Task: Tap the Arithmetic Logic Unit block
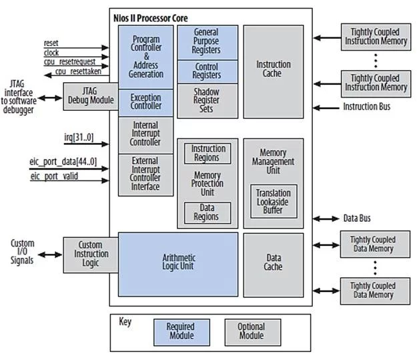point(177,264)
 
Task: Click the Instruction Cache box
point(273,69)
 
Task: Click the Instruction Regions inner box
point(208,153)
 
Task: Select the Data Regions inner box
point(208,213)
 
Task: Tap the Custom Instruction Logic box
point(90,254)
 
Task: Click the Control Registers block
point(206,71)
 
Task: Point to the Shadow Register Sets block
point(206,100)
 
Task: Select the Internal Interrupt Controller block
point(145,134)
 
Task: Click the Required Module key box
point(180,331)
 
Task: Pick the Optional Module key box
point(251,331)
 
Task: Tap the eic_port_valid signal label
point(55,177)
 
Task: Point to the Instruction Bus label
point(366,107)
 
